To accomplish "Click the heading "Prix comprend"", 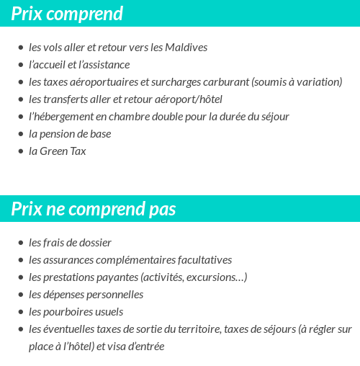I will coord(67,14).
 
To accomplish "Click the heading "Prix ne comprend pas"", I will coord(94,209).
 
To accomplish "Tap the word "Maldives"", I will coord(186,48).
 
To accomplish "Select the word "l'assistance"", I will coord(104,65).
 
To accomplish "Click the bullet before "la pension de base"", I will coord(21,135).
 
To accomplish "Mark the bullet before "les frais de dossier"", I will coord(21,244).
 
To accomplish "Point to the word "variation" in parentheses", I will coord(319,82).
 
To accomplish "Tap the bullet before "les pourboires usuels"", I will coord(21,313).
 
